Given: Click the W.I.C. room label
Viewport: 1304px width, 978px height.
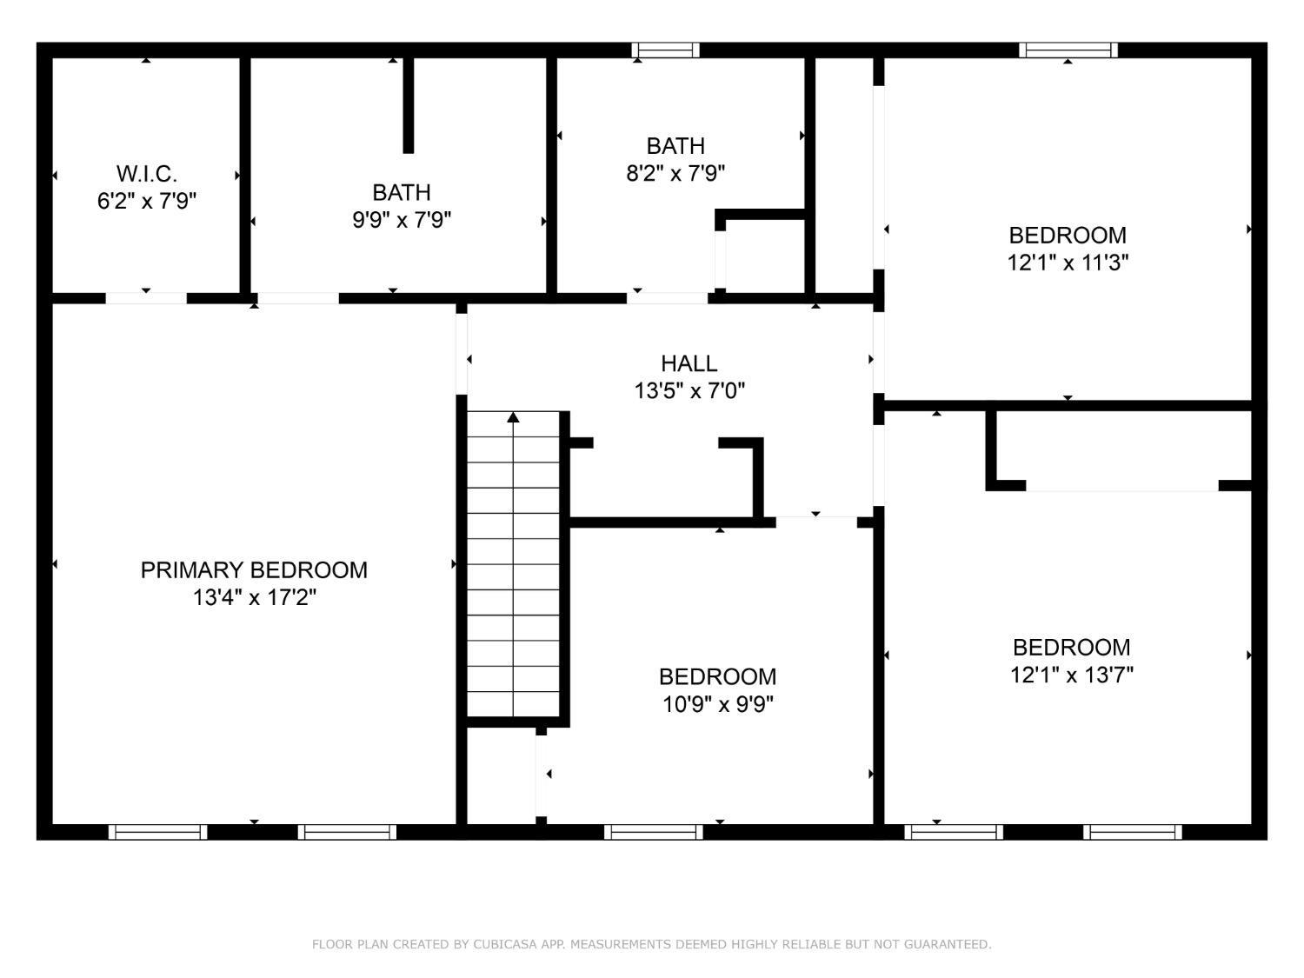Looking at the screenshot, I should (146, 173).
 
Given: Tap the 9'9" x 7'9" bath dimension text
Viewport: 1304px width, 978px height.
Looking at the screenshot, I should (401, 220).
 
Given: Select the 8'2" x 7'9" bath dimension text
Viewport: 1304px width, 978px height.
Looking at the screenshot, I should (675, 173).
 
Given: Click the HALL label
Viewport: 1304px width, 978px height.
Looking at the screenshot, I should (689, 363).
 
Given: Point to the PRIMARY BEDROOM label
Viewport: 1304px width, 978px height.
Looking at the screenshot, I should (254, 570).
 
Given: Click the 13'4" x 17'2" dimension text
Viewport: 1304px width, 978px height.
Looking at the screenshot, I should (254, 598).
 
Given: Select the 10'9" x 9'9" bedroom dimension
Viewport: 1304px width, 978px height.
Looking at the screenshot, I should (718, 704).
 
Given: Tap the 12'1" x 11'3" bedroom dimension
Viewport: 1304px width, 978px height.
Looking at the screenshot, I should (1068, 263).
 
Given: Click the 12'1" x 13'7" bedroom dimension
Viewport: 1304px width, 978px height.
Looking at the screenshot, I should (1071, 675).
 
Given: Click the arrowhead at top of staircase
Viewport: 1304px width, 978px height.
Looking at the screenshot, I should (513, 417).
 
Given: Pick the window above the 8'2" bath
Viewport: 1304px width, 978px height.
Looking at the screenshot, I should (665, 50).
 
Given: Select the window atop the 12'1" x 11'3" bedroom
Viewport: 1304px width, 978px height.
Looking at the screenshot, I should (1068, 50).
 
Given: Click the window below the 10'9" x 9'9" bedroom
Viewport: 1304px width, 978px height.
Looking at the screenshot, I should (653, 832).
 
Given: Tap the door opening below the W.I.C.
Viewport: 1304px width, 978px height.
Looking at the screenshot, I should (146, 298).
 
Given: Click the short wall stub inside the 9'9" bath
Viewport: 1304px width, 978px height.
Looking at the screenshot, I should (408, 104).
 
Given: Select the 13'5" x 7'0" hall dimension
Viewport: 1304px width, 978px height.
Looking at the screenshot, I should (689, 391).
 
